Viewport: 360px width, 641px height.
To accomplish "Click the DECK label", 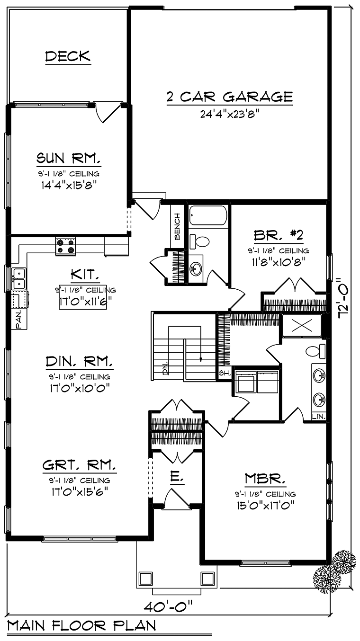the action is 68,56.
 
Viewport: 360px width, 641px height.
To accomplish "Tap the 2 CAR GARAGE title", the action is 230,97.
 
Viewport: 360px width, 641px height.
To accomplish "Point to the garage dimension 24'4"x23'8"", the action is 229,114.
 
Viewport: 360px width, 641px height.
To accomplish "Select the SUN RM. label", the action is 69,158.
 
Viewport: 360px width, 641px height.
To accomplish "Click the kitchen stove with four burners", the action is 65,246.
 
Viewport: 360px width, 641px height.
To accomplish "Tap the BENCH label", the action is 177,226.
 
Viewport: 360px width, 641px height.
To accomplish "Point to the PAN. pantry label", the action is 18,320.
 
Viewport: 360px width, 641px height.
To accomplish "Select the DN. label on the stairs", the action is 165,368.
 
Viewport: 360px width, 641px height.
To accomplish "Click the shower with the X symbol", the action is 302,325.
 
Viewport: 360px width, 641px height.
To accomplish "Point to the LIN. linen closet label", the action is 319,417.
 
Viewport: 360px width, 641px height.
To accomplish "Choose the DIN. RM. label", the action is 79,362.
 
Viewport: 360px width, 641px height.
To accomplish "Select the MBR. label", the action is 265,479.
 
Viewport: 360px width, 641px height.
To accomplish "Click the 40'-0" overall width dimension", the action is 168,606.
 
